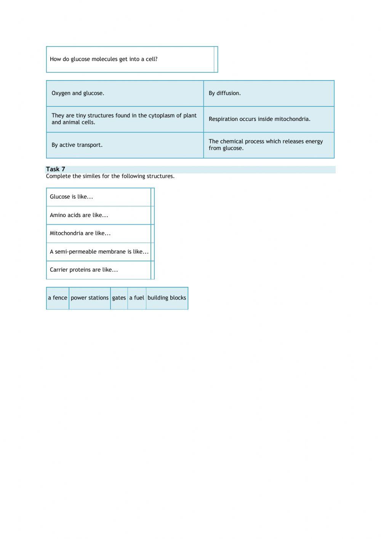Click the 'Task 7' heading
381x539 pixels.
click(x=56, y=169)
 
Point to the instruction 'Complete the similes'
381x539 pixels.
click(x=110, y=176)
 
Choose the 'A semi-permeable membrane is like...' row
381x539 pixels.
click(x=99, y=252)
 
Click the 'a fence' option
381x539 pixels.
click(x=58, y=298)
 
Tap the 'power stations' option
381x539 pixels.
click(x=90, y=298)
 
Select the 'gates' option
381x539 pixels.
click(x=119, y=298)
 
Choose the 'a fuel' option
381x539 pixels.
click(x=137, y=298)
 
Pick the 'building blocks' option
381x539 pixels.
click(x=167, y=298)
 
